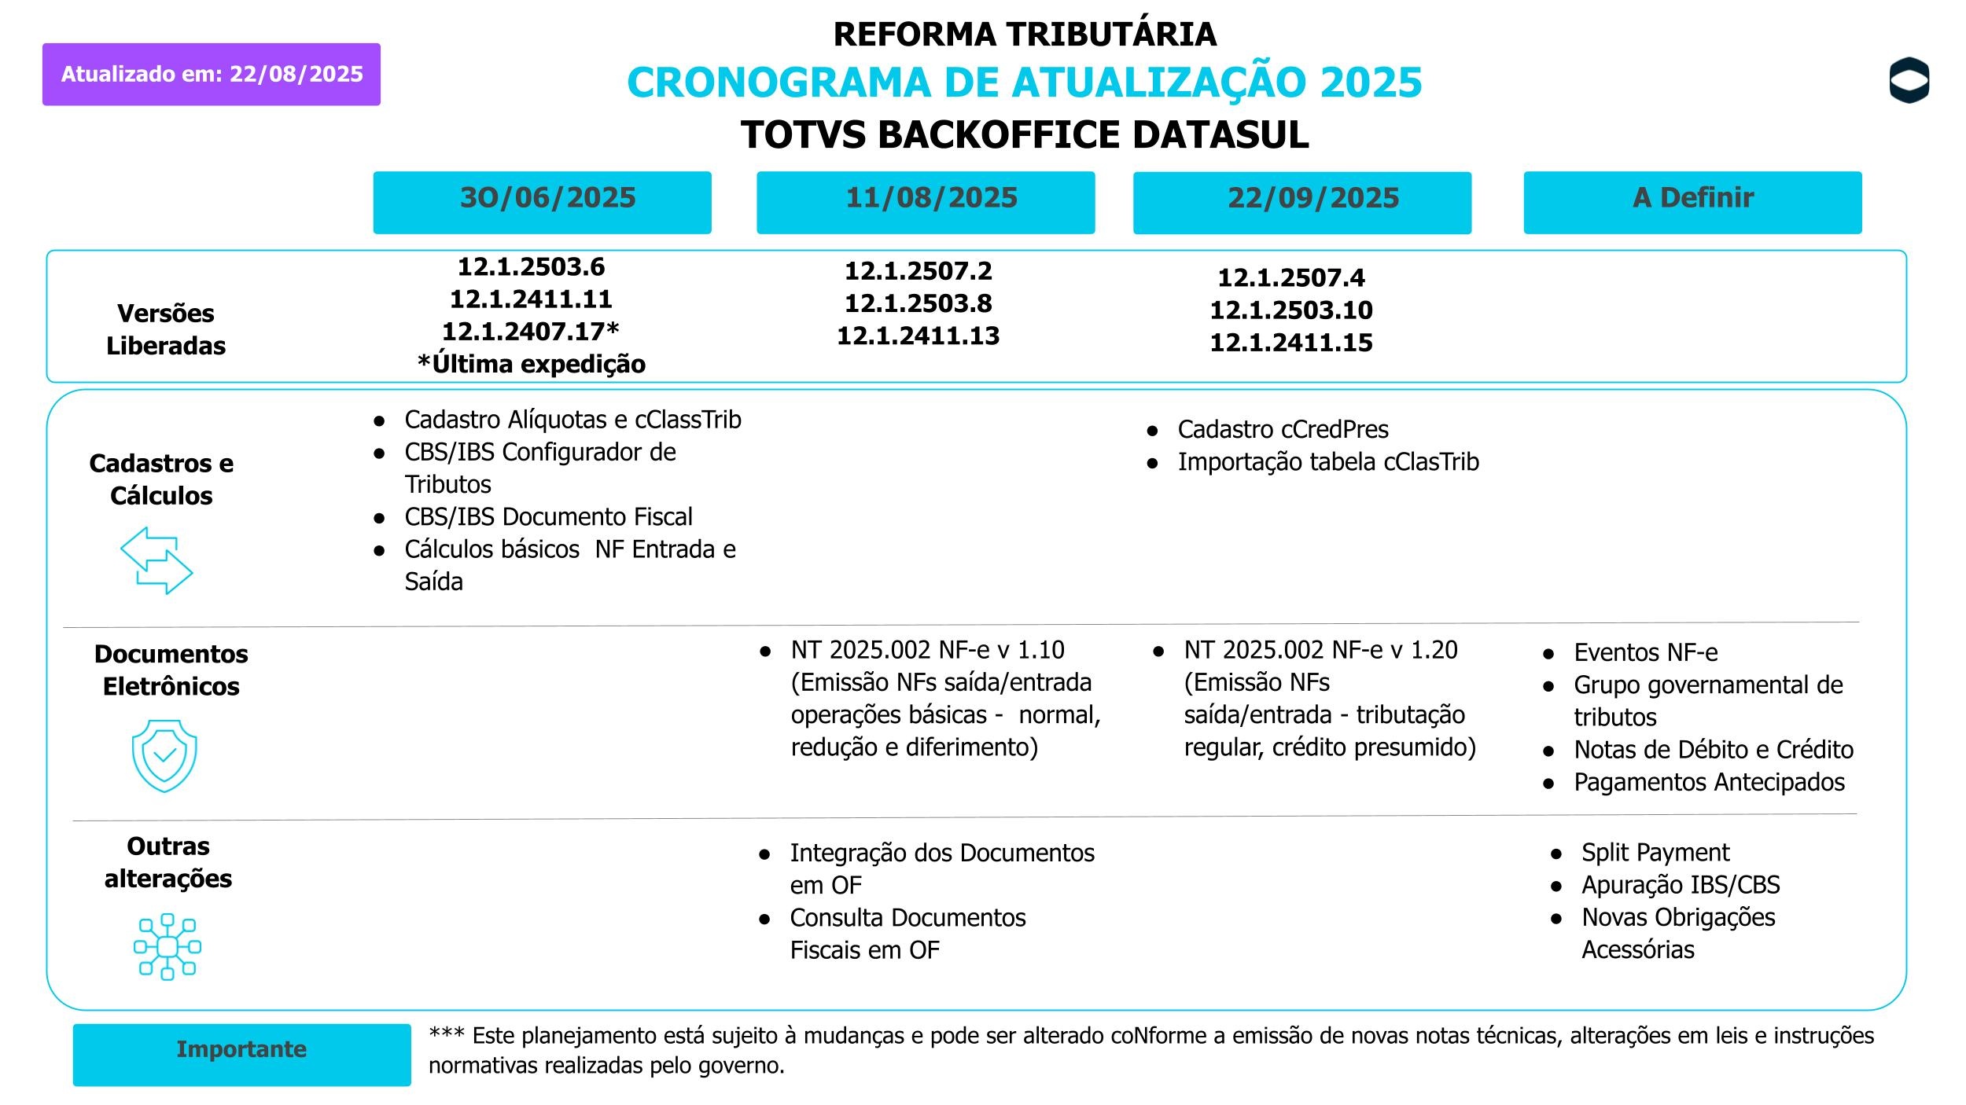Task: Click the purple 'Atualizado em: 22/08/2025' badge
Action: click(x=211, y=74)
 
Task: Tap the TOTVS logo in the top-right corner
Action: click(x=1909, y=80)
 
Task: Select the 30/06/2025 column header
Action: click(x=542, y=202)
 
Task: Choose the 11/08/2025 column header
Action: click(x=926, y=202)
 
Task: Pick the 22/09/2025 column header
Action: click(x=1301, y=202)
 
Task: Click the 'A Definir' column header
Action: click(x=1692, y=202)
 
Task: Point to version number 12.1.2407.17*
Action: click(x=531, y=332)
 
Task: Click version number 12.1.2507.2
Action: click(x=918, y=271)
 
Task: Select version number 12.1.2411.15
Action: click(x=1290, y=343)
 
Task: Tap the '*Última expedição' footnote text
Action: click(x=532, y=364)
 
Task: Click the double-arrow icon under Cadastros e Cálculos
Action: click(x=156, y=560)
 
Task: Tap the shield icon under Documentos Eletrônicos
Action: click(x=164, y=755)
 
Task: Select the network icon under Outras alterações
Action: click(x=168, y=946)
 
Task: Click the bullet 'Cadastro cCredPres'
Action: click(x=1283, y=430)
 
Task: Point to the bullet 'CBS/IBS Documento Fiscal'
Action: click(x=548, y=517)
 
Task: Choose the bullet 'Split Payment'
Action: click(x=1655, y=853)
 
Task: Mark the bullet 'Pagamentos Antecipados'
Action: click(x=1709, y=783)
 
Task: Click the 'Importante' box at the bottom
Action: click(x=241, y=1054)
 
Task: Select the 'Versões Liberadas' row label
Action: click(x=166, y=329)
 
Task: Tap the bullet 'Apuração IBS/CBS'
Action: click(x=1681, y=885)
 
